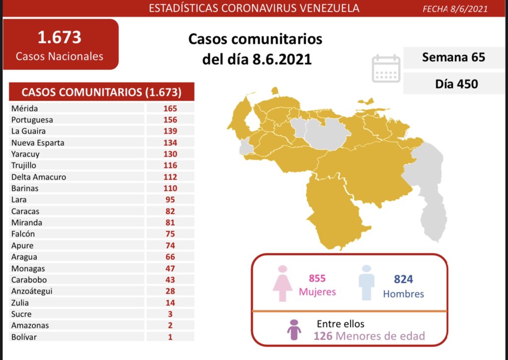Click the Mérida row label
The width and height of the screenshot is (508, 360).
[24, 108]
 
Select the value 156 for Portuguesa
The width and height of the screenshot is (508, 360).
[170, 120]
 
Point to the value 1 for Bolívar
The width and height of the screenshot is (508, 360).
[170, 337]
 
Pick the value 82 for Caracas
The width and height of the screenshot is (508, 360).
[170, 211]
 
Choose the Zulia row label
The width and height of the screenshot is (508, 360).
[20, 302]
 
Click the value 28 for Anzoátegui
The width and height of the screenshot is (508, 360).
[170, 291]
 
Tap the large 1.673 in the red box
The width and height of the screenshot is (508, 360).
[60, 37]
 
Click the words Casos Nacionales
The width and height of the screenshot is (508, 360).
[60, 56]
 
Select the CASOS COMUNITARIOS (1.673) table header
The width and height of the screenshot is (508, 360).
[101, 92]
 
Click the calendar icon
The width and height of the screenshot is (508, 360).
[386, 68]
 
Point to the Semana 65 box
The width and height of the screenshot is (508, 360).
[453, 57]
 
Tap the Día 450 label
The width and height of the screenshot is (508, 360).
[456, 84]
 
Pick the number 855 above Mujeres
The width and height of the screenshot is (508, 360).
[317, 279]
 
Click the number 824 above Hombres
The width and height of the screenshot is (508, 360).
[403, 280]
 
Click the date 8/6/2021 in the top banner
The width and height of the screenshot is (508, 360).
[469, 8]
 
